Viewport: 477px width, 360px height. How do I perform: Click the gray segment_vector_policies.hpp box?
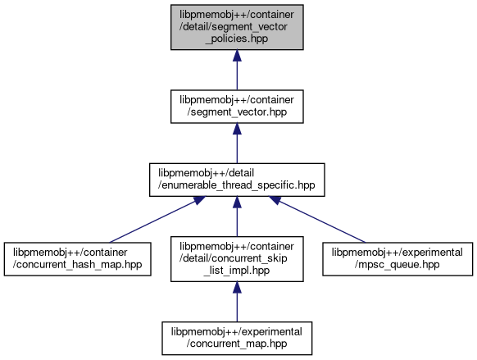(x=237, y=27)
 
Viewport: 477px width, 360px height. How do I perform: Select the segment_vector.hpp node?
(x=237, y=107)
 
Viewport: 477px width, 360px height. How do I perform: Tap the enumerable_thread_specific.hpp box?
(x=237, y=180)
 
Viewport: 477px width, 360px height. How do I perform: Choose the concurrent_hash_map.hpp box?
(x=78, y=259)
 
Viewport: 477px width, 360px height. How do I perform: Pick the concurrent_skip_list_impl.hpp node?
(x=237, y=259)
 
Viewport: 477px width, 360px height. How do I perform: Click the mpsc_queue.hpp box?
(x=397, y=259)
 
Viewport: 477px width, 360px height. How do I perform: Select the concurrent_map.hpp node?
(x=237, y=338)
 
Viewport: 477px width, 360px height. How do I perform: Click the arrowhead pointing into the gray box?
(x=237, y=56)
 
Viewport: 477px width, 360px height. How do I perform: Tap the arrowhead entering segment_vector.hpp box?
(x=237, y=129)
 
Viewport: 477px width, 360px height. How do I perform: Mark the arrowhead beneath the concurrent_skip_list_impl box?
(x=237, y=287)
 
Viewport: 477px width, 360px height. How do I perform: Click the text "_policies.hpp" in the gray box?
(x=237, y=39)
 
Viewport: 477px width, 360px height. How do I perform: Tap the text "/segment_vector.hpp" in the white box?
(x=237, y=112)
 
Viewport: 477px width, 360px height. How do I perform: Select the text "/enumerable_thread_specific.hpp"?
(x=236, y=185)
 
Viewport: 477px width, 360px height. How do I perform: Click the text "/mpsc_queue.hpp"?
(x=397, y=264)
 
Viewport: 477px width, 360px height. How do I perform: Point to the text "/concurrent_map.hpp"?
(x=237, y=344)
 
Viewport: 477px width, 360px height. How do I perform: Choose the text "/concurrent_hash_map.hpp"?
(x=77, y=264)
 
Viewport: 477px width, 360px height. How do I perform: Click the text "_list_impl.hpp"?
(x=237, y=271)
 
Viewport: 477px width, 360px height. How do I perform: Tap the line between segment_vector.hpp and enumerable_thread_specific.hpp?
(x=237, y=148)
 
